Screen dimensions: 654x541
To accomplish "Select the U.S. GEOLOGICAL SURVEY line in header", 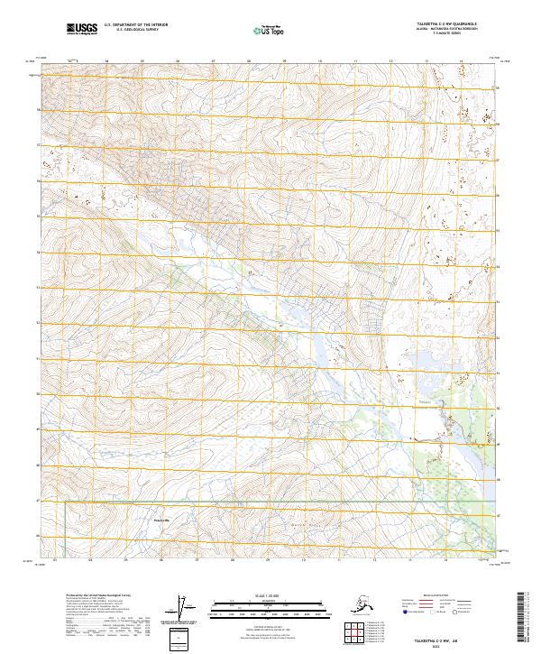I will pos(130,31).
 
